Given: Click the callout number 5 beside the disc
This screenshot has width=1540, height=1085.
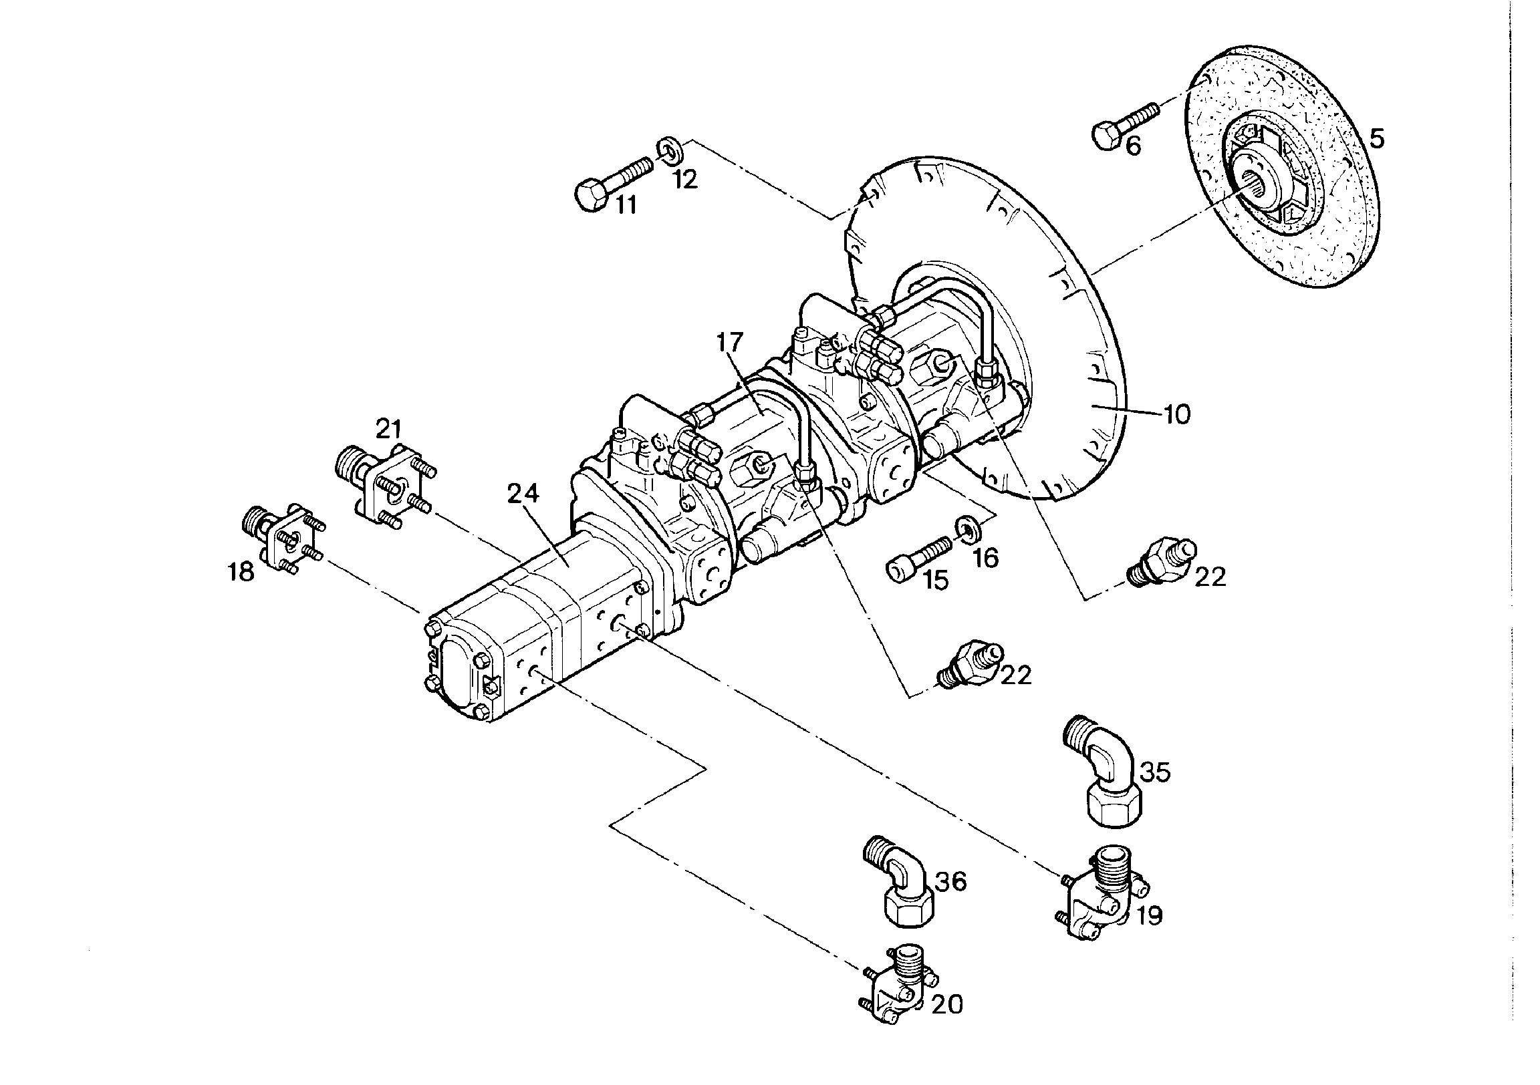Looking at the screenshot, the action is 1376,139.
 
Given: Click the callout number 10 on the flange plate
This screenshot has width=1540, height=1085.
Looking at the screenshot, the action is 1177,414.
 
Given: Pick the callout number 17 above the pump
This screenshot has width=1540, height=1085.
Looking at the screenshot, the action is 730,342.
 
